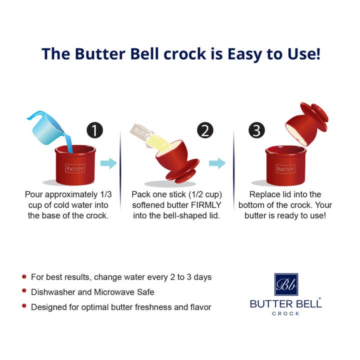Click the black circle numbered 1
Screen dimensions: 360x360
(94, 130)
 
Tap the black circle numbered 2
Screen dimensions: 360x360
(205, 130)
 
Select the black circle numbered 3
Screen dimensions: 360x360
(256, 130)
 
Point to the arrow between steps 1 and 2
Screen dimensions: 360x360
(108, 163)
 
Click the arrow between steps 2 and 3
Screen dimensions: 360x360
(216, 163)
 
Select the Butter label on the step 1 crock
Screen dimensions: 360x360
(74, 169)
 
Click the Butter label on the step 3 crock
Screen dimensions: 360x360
(285, 169)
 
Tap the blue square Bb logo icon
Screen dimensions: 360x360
(285, 284)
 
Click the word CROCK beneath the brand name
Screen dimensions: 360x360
(285, 313)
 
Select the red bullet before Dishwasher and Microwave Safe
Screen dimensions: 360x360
(24, 291)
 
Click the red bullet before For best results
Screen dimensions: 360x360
(24, 276)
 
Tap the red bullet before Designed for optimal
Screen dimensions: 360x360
(24, 306)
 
